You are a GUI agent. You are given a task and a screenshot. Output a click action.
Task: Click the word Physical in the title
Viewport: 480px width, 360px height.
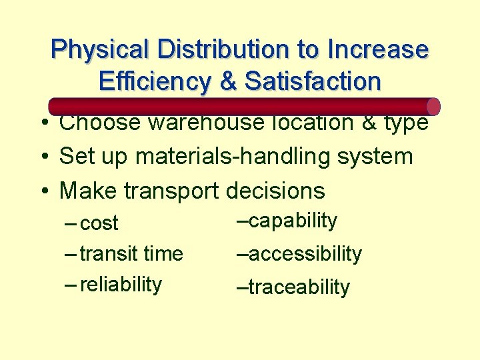101,50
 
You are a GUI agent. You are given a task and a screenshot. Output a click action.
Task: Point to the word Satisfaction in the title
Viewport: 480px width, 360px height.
313,81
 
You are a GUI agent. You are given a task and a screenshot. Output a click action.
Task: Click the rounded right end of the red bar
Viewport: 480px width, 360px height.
433,107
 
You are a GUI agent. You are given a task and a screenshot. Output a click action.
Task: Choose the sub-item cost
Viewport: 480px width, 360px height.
99,223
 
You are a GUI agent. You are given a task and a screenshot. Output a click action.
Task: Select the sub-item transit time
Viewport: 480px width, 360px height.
131,254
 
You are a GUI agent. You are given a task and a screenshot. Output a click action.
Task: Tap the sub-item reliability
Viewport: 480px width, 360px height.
121,284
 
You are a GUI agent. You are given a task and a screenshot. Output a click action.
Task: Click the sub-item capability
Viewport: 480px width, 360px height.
293,221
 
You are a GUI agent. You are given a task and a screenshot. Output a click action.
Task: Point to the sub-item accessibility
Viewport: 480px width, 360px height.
305,254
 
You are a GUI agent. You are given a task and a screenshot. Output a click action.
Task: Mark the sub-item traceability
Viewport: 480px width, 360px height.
299,287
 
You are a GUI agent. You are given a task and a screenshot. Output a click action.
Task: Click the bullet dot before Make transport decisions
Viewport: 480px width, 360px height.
42,191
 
